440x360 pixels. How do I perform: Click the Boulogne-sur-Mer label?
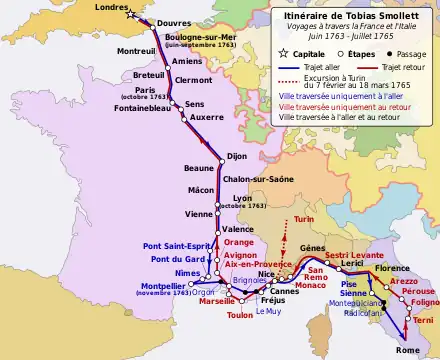pyautogui.click(x=200, y=36)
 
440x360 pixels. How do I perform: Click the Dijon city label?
pyautogui.click(x=237, y=156)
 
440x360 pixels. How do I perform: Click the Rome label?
pyautogui.click(x=408, y=349)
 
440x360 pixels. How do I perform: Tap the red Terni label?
pyautogui.click(x=424, y=318)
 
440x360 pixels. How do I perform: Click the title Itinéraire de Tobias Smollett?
pyautogui.click(x=354, y=13)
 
